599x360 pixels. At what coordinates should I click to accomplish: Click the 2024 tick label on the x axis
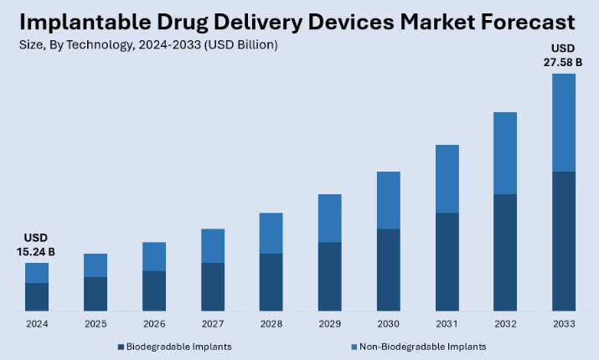[x=36, y=323]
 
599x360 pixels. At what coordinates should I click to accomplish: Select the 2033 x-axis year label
[x=564, y=323]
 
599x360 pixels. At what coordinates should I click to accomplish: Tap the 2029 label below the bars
[x=329, y=323]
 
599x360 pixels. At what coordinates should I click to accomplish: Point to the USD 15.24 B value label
[x=37, y=244]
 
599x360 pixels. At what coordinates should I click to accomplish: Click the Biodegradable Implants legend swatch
[x=121, y=346]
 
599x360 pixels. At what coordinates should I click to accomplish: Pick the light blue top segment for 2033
[x=564, y=122]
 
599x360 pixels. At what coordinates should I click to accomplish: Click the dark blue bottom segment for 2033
[x=564, y=241]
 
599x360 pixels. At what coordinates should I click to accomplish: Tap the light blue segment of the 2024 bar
[x=37, y=273]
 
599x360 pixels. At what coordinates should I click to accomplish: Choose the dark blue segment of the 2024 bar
[x=37, y=296]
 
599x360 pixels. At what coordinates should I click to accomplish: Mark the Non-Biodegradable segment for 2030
[x=388, y=200]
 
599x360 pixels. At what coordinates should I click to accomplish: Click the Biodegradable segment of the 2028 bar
[x=271, y=282]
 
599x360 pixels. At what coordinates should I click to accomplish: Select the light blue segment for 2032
[x=505, y=153]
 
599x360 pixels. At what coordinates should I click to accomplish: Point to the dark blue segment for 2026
[x=153, y=291]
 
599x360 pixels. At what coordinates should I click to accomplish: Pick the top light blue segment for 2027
[x=212, y=246]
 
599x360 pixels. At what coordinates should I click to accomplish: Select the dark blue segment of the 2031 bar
[x=447, y=261]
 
